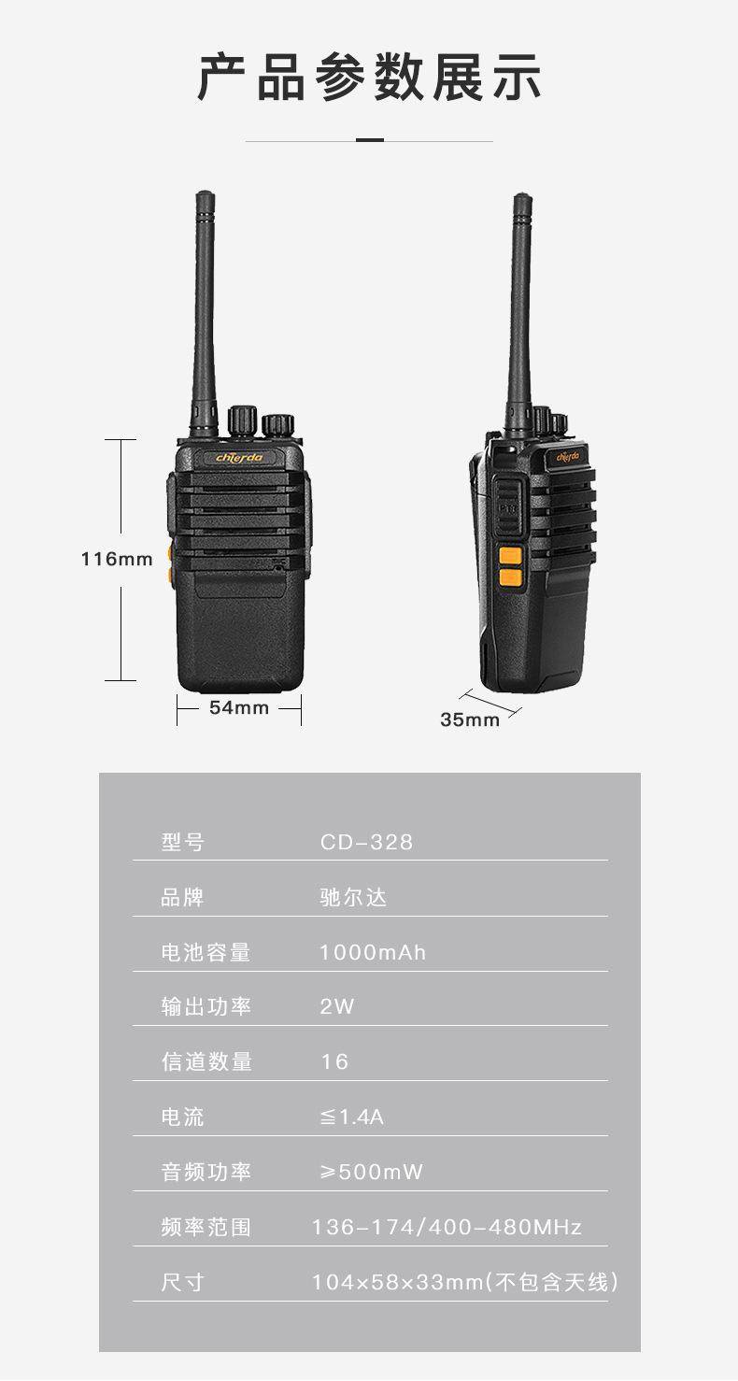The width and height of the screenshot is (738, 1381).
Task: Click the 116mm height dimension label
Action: (x=117, y=559)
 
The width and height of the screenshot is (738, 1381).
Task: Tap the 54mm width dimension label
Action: (x=239, y=707)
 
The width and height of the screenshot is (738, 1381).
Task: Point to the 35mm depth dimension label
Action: (x=470, y=719)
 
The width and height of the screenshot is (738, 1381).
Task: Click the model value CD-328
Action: (x=366, y=842)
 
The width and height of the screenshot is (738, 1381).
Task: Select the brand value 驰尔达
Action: (x=353, y=897)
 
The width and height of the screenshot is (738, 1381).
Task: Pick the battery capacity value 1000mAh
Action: (x=373, y=952)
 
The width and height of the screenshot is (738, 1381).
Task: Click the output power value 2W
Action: (x=336, y=1006)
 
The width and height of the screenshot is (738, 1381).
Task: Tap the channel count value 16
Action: (x=334, y=1061)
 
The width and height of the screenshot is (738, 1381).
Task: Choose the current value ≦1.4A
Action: (x=351, y=1117)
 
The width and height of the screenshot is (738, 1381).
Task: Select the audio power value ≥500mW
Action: (x=371, y=1172)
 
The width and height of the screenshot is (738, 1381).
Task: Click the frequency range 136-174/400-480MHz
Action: (x=447, y=1227)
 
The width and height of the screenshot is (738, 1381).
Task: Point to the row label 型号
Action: (x=182, y=842)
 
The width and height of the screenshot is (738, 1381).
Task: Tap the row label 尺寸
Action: (x=182, y=1282)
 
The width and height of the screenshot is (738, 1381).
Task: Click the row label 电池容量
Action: (x=206, y=952)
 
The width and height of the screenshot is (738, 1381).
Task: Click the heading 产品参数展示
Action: (x=369, y=77)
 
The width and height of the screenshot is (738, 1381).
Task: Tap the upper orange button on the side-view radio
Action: (x=510, y=555)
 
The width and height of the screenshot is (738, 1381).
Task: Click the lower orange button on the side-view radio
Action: (x=510, y=577)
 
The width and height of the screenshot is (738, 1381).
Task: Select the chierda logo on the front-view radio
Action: (x=239, y=458)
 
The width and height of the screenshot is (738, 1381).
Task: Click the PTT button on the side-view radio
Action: (x=507, y=507)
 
